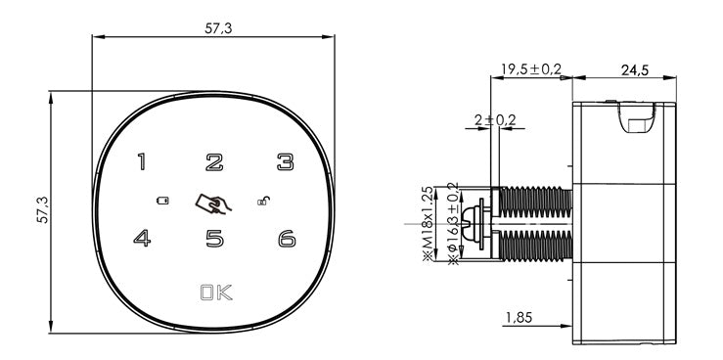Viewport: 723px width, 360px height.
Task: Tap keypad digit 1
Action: (142, 161)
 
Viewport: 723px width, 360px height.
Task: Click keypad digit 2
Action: (214, 162)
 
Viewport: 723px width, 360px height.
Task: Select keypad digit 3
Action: (286, 162)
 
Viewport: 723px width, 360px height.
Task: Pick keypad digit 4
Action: (142, 239)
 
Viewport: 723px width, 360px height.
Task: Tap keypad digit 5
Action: (214, 239)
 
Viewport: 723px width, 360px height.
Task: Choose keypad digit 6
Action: (287, 239)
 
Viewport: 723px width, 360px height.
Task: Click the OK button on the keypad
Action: (216, 292)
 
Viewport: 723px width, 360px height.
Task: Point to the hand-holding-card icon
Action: (213, 203)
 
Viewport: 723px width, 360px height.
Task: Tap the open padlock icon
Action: (263, 201)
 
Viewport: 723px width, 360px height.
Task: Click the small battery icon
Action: (162, 201)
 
